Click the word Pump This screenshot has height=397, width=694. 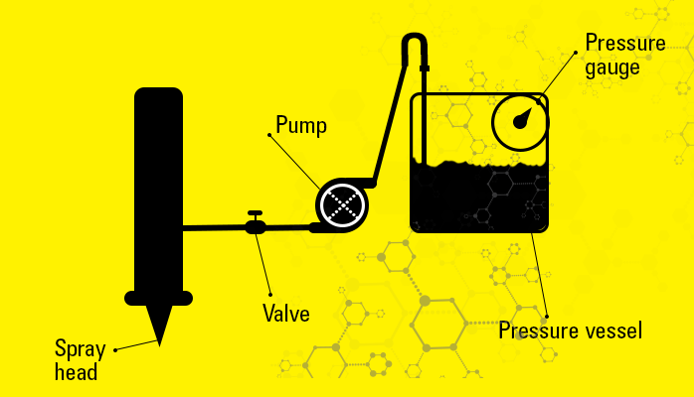tap(301, 125)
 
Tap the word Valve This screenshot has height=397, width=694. tap(285, 314)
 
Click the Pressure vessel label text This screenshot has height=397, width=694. tap(570, 331)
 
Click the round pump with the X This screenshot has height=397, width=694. tap(342, 204)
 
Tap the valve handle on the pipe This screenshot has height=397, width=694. tap(256, 214)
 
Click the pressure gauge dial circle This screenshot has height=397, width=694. tap(520, 121)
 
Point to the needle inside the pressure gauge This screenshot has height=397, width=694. tap(523, 120)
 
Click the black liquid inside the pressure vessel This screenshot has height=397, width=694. tap(477, 198)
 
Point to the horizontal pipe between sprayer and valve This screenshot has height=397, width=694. tap(214, 227)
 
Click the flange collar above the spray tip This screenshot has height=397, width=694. tap(159, 297)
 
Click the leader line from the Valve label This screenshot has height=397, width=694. tap(264, 264)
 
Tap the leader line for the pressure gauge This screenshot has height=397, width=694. tap(558, 73)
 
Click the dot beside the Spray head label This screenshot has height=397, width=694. tap(116, 349)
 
